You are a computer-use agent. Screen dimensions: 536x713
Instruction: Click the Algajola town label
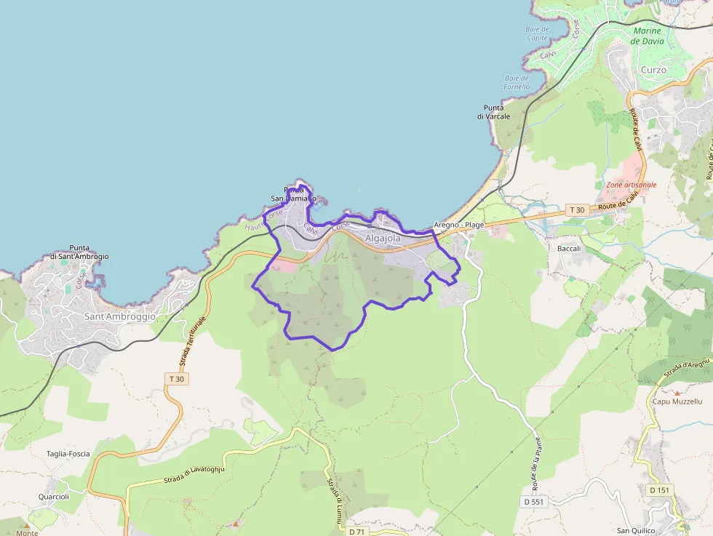[x=383, y=238]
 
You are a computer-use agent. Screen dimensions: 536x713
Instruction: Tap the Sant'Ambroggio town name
[x=120, y=317]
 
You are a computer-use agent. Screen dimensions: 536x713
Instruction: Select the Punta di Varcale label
[x=493, y=111]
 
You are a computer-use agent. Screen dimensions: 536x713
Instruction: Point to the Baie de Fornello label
[x=517, y=82]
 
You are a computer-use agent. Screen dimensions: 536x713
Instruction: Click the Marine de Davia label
[x=647, y=36]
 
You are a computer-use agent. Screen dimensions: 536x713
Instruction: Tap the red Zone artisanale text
[x=631, y=185]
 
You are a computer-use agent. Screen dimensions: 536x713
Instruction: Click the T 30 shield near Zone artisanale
[x=576, y=209]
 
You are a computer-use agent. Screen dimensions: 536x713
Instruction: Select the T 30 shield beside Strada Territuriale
[x=177, y=379]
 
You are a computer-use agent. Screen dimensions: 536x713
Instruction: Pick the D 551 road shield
[x=533, y=502]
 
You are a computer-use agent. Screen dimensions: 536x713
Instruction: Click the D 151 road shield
[x=659, y=490]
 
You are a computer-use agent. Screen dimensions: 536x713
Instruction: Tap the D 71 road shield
[x=356, y=532]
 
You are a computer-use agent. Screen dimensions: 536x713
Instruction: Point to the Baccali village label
[x=569, y=249]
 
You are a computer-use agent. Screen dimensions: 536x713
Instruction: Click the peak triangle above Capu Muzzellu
[x=677, y=393]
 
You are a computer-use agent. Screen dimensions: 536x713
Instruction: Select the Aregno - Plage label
[x=458, y=225]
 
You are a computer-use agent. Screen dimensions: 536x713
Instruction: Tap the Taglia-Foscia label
[x=68, y=454]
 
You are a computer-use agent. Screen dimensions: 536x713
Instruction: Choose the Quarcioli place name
[x=54, y=497]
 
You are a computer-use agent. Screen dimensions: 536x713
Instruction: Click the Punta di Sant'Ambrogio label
[x=80, y=252]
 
